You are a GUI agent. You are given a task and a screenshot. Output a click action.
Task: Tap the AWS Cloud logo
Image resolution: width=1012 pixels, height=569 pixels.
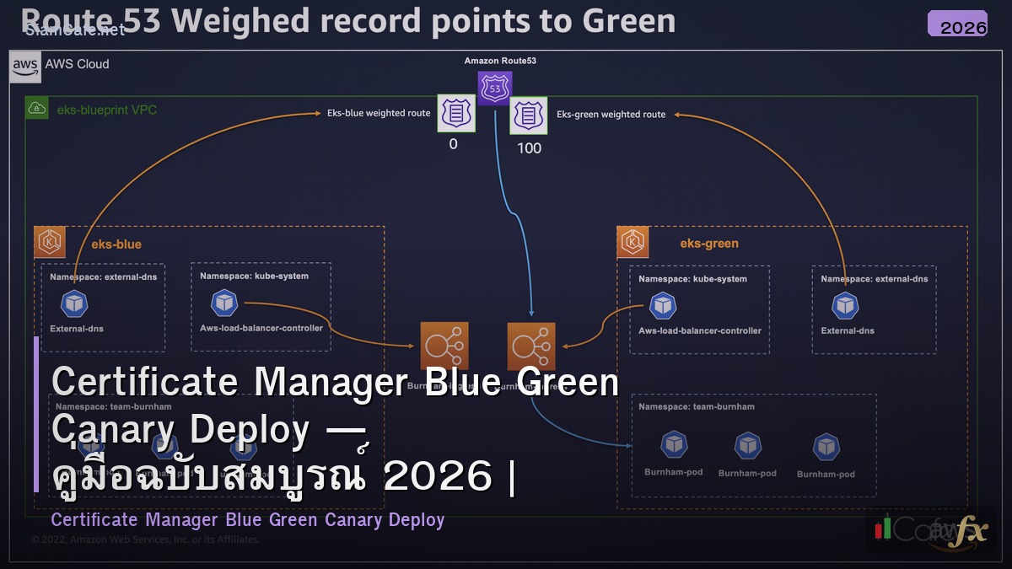pos(25,65)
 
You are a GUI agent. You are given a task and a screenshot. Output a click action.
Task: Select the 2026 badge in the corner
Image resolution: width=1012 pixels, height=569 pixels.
pos(957,25)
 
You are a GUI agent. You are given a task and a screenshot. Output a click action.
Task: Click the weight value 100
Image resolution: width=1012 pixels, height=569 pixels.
pos(529,148)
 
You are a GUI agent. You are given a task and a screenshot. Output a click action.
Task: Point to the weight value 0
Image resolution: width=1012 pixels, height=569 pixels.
pos(453,144)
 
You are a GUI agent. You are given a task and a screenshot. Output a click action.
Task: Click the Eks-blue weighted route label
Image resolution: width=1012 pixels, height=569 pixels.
pos(379,113)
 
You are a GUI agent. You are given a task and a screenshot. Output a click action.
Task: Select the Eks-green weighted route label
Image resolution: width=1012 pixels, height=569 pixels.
pos(611,115)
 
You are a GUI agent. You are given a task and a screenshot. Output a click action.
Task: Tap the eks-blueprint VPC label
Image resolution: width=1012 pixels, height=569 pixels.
pos(106,110)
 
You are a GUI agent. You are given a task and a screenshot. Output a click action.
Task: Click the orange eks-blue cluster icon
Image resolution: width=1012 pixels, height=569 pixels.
pos(50,243)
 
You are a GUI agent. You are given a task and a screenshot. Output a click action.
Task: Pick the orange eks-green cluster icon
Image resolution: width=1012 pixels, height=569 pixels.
pos(632,242)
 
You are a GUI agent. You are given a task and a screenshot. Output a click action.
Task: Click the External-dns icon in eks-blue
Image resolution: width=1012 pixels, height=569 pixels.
pos(75,304)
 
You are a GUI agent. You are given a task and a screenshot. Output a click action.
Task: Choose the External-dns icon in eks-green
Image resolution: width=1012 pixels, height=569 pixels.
pos(845,306)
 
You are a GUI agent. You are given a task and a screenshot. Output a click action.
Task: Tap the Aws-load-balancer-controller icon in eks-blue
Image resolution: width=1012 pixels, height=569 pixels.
pos(223,302)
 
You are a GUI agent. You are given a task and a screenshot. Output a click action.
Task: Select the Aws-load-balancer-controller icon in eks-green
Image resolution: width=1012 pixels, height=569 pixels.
pos(664,305)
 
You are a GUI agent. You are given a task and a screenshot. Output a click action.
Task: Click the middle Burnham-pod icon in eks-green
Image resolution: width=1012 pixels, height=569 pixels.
pos(748,446)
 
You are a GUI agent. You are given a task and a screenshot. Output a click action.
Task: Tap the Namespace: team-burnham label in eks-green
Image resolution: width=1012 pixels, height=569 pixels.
pos(697,406)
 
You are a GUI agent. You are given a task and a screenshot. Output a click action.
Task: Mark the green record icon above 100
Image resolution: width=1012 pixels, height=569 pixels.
pos(529,115)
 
